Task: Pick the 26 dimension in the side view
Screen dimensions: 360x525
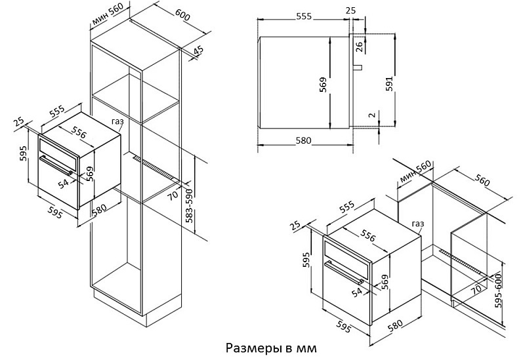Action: [x=358, y=47]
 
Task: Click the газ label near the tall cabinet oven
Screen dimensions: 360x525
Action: [x=117, y=121]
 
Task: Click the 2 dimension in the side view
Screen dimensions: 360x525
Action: [x=372, y=115]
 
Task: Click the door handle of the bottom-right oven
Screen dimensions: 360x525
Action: [x=345, y=271]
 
